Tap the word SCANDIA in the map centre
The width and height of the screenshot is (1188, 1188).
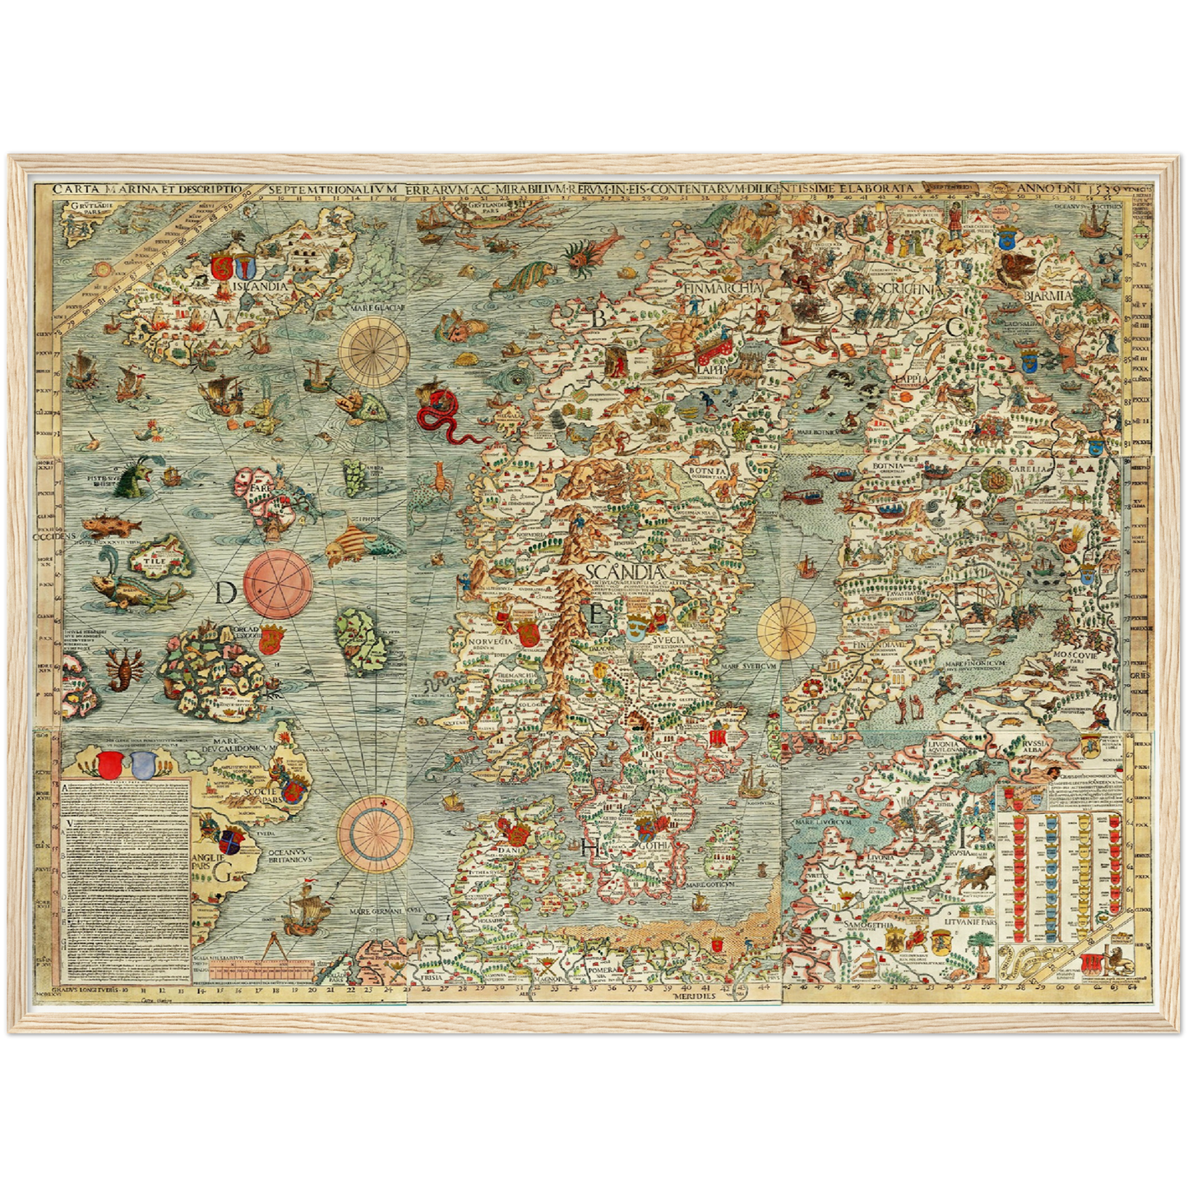(x=626, y=571)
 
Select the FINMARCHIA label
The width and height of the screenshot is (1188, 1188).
(x=722, y=288)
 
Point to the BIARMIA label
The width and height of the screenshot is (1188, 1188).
(x=1048, y=295)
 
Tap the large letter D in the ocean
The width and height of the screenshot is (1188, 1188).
(x=226, y=592)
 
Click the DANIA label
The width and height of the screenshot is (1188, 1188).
(x=508, y=830)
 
